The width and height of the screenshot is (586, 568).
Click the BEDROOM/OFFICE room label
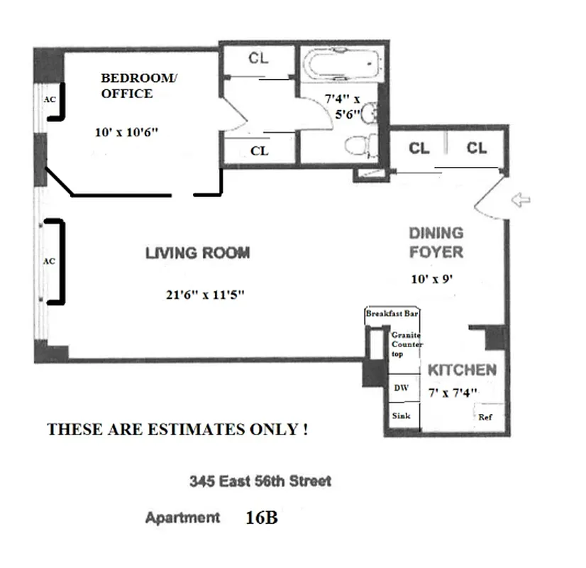[136, 86]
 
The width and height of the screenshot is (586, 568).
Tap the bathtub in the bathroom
[338, 65]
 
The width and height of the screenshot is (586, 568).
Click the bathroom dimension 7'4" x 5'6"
[343, 106]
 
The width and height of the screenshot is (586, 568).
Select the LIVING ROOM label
[197, 253]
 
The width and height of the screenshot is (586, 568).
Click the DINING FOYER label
[436, 242]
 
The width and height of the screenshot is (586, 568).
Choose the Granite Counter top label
[406, 344]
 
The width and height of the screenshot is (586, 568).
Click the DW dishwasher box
[401, 388]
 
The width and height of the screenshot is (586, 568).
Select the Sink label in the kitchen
[402, 416]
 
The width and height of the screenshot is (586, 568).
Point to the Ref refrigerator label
[485, 417]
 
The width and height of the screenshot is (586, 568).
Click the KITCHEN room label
[461, 370]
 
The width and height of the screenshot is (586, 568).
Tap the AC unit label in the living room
[49, 261]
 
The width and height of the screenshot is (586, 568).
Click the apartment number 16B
[261, 518]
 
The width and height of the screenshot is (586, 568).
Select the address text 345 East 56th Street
[260, 481]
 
